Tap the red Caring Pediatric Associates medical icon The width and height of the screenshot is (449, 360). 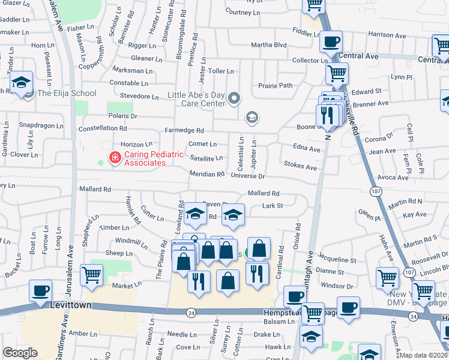[x=113, y=158]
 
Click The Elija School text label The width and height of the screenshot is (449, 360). [x=67, y=93]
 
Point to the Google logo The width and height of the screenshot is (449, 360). [x=20, y=353]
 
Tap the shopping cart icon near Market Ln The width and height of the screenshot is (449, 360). [x=91, y=275]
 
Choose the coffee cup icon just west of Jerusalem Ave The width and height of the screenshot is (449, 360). [x=41, y=291]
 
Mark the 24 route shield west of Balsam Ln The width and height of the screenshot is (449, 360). [x=191, y=312]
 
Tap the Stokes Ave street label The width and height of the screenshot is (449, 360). [x=300, y=165]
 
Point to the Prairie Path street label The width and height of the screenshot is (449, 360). [x=275, y=85]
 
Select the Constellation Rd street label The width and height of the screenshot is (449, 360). [x=103, y=128]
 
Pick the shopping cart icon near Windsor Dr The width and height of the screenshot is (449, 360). [x=387, y=278]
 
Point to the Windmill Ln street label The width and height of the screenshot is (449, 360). [x=131, y=242]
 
